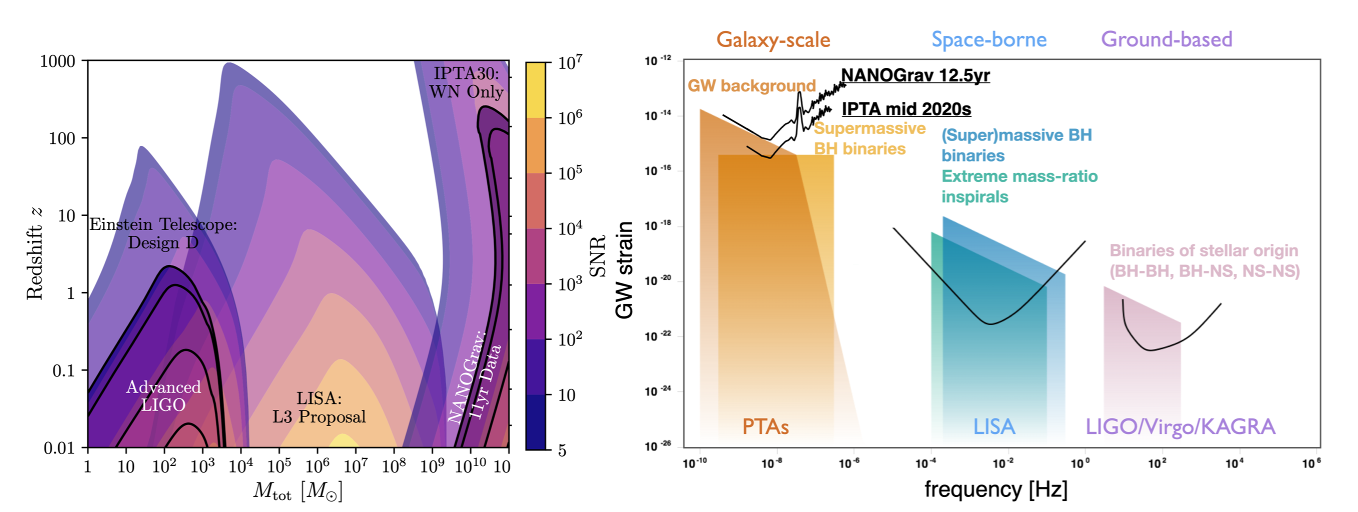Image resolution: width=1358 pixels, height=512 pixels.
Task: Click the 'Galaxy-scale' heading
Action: click(x=773, y=39)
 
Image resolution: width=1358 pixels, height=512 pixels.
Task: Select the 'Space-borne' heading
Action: click(x=988, y=39)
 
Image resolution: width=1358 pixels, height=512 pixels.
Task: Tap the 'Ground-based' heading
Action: click(x=1166, y=39)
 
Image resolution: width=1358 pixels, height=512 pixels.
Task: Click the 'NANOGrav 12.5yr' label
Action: click(x=915, y=75)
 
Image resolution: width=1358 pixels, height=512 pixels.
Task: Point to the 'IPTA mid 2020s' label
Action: click(x=905, y=109)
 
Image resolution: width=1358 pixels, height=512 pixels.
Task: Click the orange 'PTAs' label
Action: click(x=765, y=426)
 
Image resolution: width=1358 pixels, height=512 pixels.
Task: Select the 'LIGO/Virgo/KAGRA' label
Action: click(x=1180, y=426)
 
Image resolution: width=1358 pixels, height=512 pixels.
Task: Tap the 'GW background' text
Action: click(x=751, y=85)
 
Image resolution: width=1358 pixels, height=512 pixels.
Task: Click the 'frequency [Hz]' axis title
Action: click(x=995, y=489)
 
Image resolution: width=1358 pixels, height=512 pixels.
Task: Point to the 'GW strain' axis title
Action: click(x=624, y=270)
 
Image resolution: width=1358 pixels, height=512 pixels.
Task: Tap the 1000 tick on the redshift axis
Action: click(x=57, y=61)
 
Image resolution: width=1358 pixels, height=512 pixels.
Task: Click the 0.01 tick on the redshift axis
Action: click(x=59, y=448)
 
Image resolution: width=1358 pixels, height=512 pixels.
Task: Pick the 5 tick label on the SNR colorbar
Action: click(x=562, y=450)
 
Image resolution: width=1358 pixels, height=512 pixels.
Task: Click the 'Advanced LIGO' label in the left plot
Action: click(x=163, y=396)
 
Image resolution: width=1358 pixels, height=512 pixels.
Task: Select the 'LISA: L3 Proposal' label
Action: click(x=318, y=407)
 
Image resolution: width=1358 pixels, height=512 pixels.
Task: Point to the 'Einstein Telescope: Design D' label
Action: click(x=163, y=233)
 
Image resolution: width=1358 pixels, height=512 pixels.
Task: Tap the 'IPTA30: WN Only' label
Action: click(x=466, y=83)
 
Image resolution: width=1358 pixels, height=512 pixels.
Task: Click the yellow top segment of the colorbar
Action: click(x=535, y=89)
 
